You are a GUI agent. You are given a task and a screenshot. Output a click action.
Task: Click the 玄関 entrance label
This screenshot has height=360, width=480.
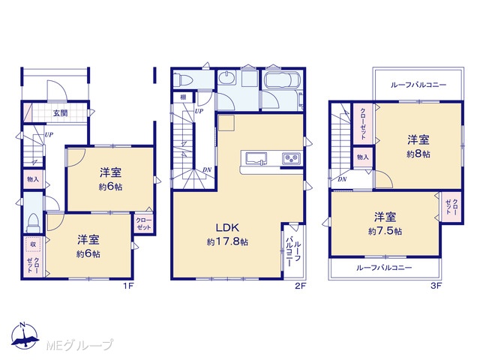(60, 113)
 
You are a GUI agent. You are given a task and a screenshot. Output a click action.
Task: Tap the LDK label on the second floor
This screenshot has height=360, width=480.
(227, 228)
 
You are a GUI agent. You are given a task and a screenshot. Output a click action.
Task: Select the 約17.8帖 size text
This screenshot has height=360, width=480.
(227, 242)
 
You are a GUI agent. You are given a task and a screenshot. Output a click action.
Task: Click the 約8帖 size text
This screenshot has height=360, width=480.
(418, 154)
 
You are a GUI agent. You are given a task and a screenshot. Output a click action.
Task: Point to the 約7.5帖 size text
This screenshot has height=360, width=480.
(385, 231)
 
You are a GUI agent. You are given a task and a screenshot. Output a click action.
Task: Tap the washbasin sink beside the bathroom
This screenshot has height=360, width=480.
(227, 77)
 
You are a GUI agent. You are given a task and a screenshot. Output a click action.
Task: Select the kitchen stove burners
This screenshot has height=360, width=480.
(291, 159)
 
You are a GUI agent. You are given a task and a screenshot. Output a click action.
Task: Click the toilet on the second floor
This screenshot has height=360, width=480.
(183, 80)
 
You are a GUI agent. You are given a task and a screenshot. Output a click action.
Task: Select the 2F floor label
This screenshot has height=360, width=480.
(301, 286)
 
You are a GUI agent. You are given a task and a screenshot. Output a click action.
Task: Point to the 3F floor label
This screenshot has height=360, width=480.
(436, 286)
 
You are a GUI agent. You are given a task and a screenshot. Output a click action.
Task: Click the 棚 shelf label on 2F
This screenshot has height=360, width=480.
(183, 97)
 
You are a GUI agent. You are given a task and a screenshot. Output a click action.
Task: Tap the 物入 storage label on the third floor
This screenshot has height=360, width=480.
(363, 157)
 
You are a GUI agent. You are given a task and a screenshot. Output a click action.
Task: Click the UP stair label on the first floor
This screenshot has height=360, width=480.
(49, 134)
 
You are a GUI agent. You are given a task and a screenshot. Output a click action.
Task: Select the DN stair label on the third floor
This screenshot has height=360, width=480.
(342, 179)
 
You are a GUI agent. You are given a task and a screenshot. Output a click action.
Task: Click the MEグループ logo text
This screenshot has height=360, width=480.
(79, 345)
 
